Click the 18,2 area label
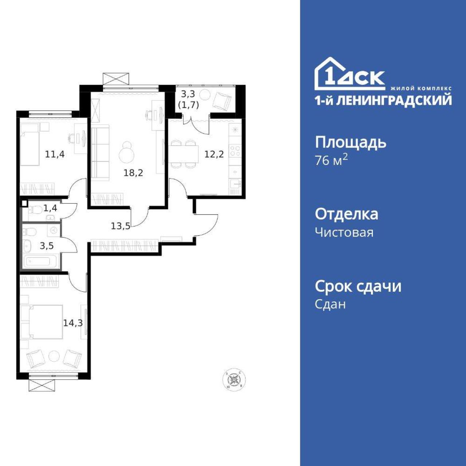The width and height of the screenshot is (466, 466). (x=133, y=173)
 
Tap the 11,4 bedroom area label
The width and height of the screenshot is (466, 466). (x=55, y=154)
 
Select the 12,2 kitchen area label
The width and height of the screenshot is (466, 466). (x=214, y=154)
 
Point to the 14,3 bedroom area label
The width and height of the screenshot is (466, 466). (x=73, y=323)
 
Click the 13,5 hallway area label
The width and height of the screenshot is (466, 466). (x=121, y=226)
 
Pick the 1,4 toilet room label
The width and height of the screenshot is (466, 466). (x=51, y=208)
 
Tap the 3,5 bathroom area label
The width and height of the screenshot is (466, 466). (x=47, y=246)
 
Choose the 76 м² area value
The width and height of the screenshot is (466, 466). (x=332, y=160)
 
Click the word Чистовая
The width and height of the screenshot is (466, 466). (x=344, y=233)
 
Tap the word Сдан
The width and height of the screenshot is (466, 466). (x=330, y=304)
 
